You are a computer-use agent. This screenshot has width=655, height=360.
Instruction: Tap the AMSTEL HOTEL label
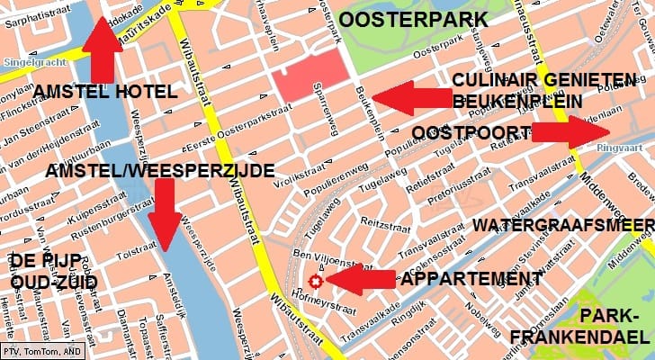tap(105, 92)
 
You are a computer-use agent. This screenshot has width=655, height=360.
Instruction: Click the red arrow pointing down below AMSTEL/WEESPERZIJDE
tap(164, 212)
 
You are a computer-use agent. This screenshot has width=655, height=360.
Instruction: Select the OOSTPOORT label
tap(471, 133)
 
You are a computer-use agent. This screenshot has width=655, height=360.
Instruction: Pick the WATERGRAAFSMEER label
tap(562, 224)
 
